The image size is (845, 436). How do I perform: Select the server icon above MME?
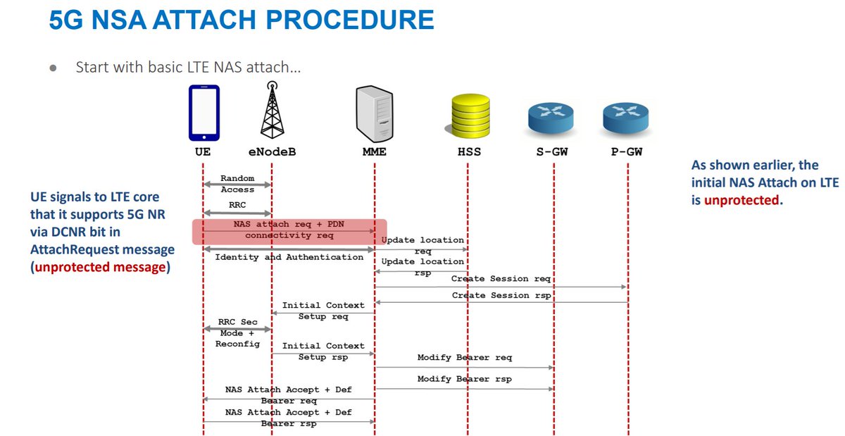[373, 113]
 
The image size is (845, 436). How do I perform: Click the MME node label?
[373, 151]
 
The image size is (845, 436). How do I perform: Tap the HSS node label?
[468, 151]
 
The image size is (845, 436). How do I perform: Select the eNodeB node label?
[272, 151]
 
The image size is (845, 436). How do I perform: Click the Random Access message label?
[237, 184]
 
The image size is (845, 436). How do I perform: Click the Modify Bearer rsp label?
[464, 379]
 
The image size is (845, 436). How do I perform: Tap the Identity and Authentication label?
[289, 257]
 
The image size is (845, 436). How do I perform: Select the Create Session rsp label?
[501, 295]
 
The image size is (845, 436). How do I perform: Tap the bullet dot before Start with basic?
[53, 68]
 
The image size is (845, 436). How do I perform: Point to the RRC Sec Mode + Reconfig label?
[237, 333]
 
